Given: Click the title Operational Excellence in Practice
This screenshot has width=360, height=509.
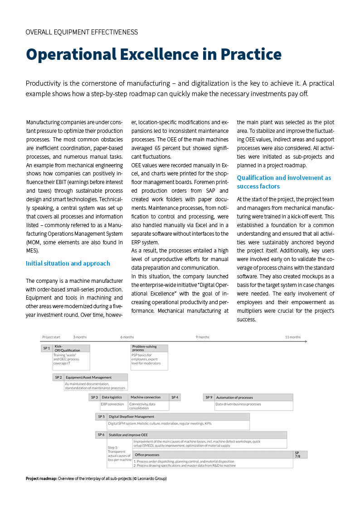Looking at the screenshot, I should (x=153, y=54).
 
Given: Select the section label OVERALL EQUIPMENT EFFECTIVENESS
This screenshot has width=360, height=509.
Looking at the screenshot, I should (x=82, y=32).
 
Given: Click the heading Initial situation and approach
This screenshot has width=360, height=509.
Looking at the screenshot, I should (x=68, y=263).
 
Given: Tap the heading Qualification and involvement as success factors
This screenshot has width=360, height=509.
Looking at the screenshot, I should (x=284, y=182).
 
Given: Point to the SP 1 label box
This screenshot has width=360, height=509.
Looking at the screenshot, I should (x=47, y=348).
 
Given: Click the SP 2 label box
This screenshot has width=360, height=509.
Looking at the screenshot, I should (x=58, y=377).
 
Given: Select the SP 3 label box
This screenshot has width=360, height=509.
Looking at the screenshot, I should (x=94, y=398).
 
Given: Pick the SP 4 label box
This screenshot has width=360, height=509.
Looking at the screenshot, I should (x=175, y=398).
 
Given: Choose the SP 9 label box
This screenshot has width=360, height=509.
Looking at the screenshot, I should (x=209, y=398).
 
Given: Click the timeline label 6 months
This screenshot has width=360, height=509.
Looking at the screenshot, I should (x=127, y=337).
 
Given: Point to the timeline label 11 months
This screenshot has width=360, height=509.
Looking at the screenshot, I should (x=292, y=337).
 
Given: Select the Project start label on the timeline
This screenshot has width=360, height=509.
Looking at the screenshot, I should (x=51, y=337).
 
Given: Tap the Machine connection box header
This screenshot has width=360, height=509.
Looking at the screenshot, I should (x=146, y=398).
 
